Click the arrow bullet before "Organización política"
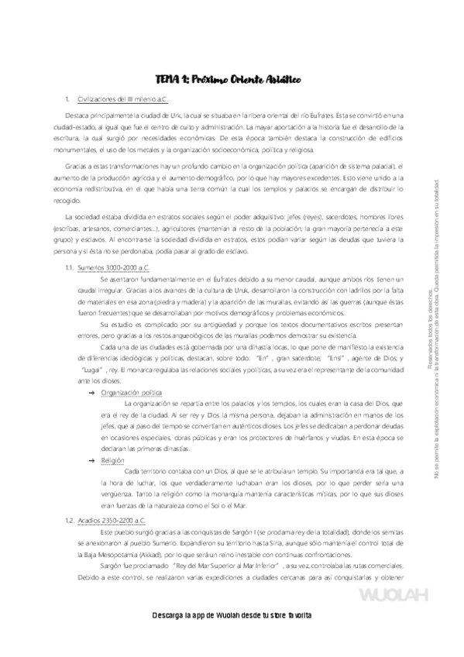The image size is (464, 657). coord(93,393)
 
